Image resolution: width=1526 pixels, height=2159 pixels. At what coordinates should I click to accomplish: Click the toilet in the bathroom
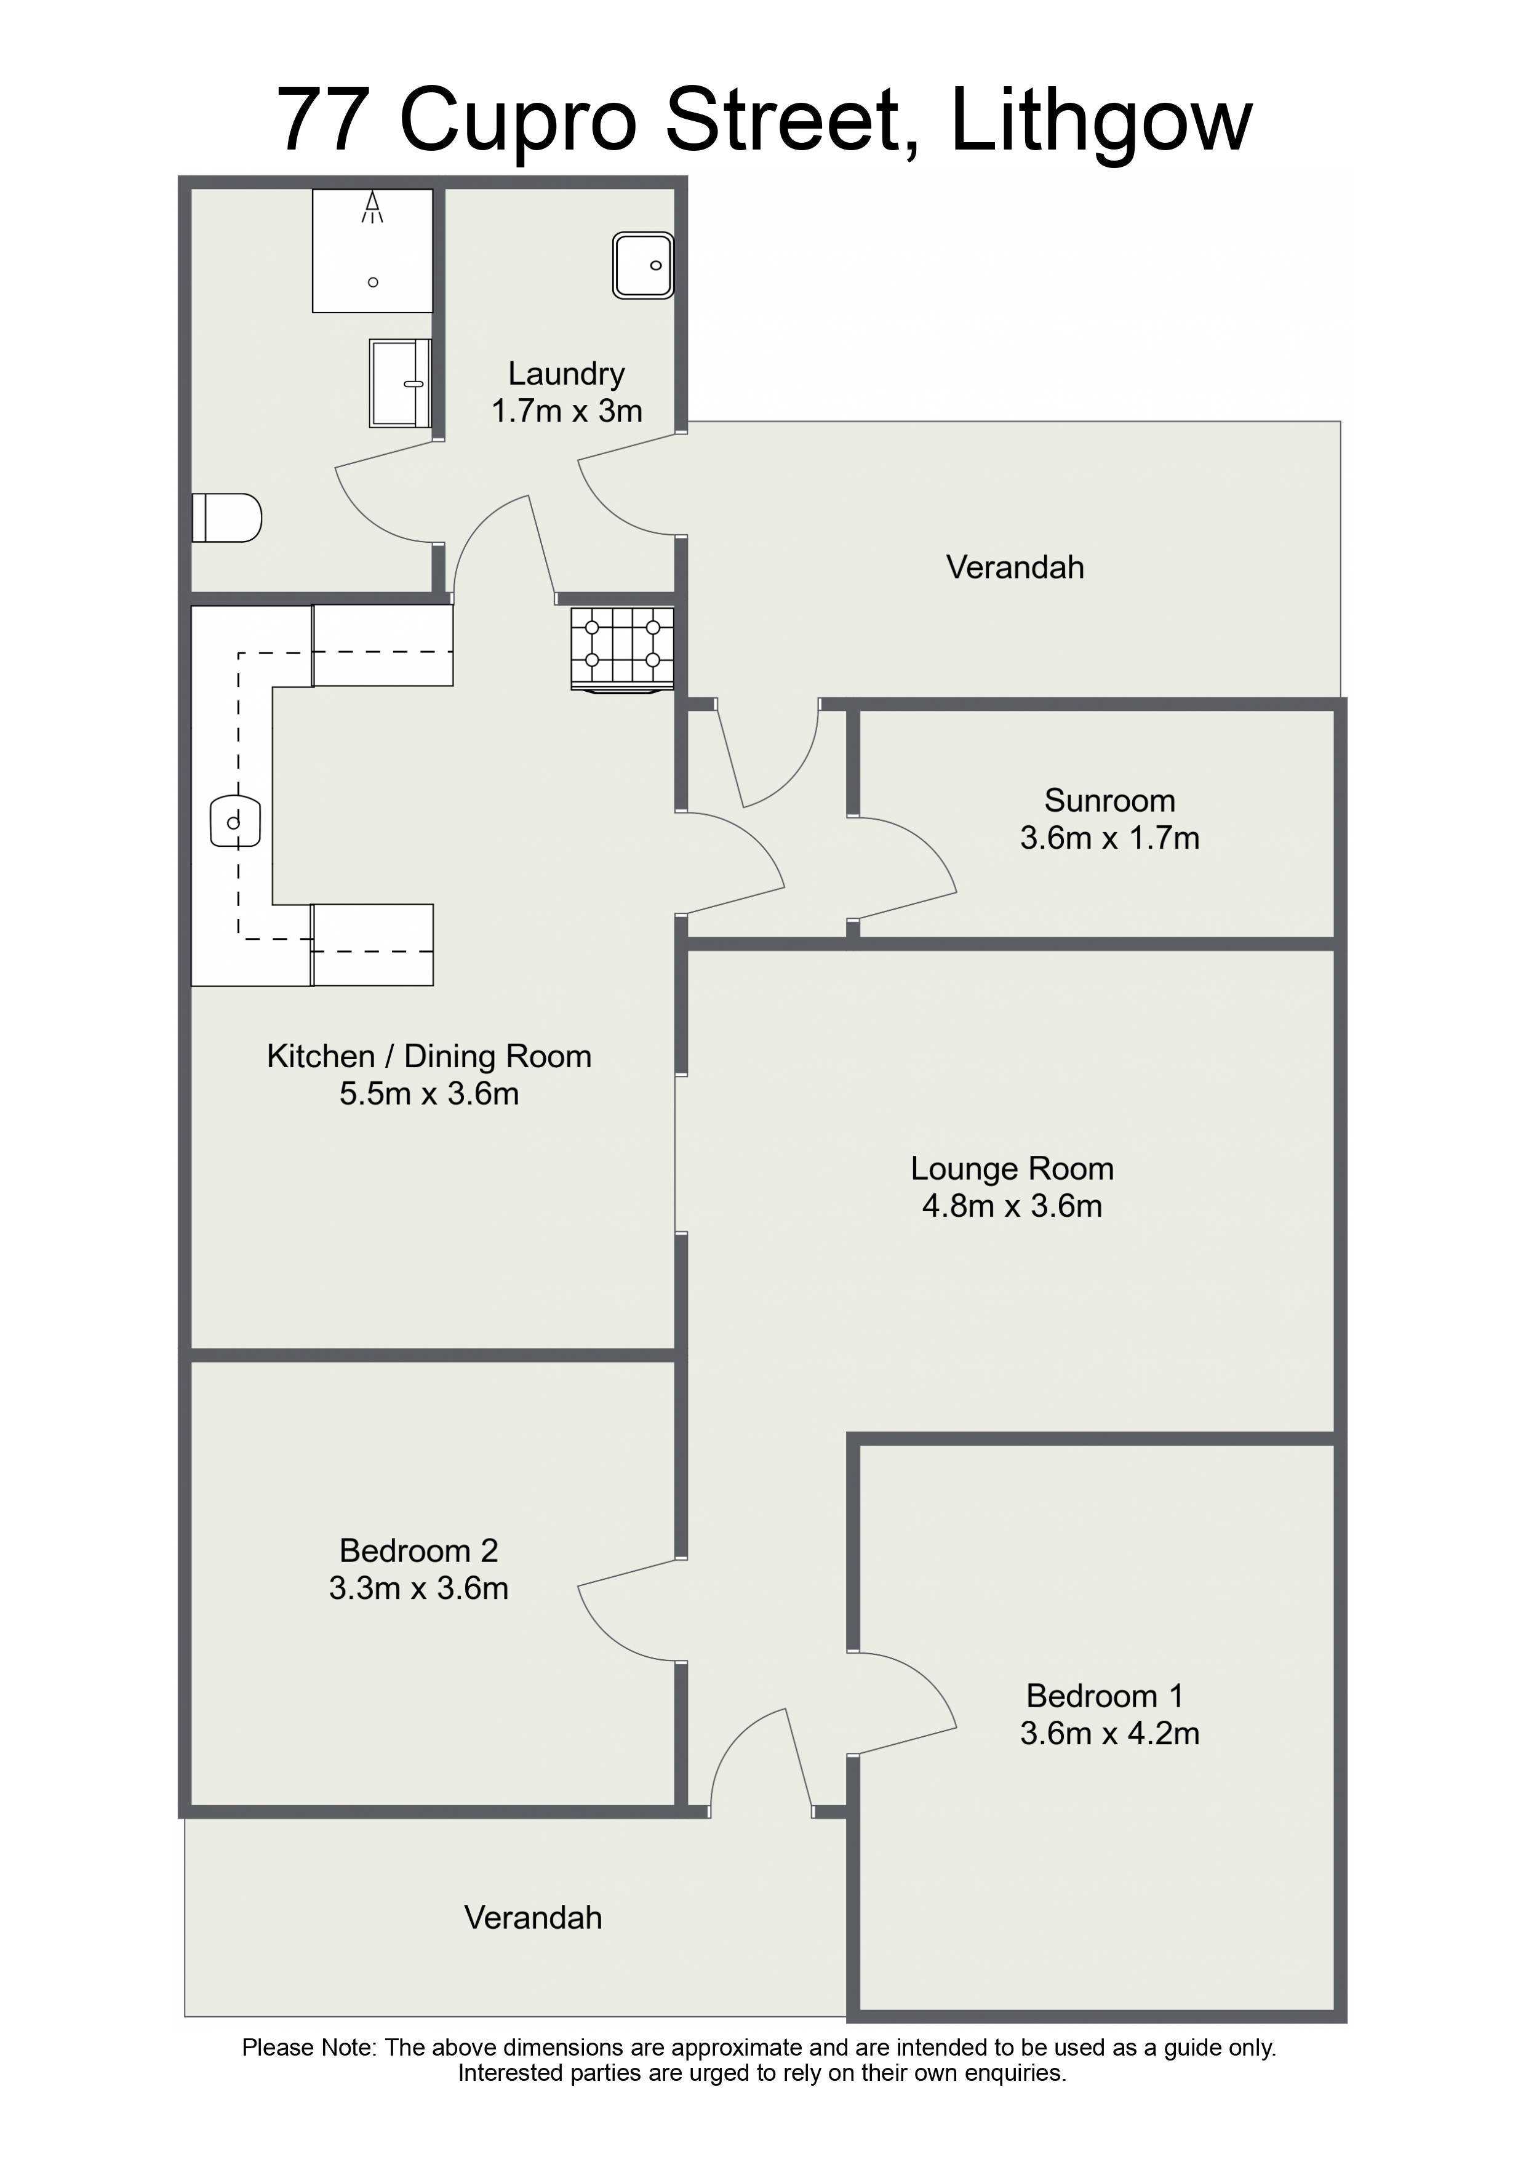[226, 518]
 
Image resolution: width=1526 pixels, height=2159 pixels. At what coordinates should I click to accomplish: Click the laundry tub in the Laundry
[643, 266]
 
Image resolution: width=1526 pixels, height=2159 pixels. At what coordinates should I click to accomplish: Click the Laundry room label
[566, 374]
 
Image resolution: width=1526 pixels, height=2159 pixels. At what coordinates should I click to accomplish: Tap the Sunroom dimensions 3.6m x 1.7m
[1109, 838]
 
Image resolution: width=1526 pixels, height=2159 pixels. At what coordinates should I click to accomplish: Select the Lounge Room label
[1012, 1168]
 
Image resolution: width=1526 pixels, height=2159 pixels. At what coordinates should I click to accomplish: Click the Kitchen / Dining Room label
[429, 1056]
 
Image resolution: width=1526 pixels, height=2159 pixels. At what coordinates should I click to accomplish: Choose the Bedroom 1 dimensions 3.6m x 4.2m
[1109, 1733]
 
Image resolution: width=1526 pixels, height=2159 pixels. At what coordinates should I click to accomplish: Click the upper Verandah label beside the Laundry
[1015, 567]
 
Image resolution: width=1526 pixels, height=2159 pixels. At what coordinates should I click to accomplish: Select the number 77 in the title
[322, 121]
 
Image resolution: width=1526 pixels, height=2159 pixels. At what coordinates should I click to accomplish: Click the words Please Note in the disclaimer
[310, 2048]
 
